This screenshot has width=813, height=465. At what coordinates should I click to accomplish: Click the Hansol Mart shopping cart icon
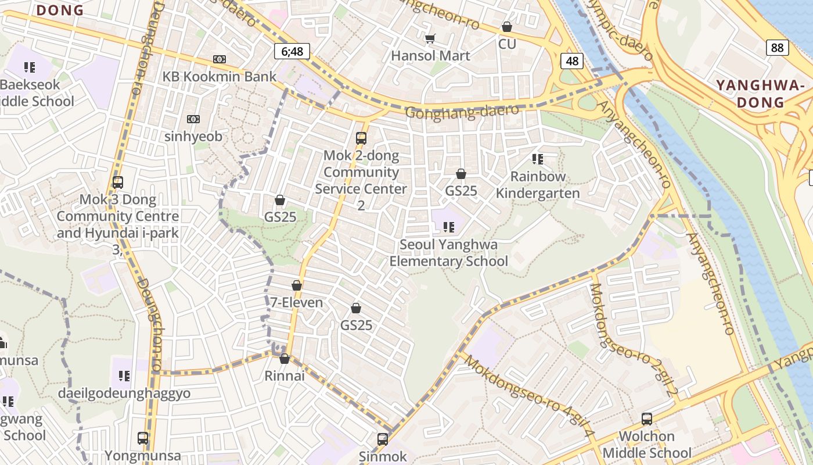point(430,39)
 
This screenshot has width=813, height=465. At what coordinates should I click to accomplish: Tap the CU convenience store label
point(507,44)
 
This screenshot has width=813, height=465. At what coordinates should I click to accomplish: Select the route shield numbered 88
point(777,48)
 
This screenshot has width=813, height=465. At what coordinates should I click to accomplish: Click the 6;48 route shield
point(292,51)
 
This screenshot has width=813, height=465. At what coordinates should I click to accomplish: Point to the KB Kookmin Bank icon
point(220,59)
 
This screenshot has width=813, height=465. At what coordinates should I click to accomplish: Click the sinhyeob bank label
point(193,137)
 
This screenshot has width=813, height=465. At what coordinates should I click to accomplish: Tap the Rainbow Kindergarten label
point(538,185)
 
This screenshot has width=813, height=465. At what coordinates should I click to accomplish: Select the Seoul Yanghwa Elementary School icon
point(448,227)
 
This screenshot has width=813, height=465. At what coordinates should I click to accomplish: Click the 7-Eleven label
point(297,302)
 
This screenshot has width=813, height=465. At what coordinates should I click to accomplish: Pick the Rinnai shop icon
point(285,359)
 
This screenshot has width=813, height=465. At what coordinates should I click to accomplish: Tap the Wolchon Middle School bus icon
point(646,419)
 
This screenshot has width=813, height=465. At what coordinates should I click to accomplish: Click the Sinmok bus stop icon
point(383,439)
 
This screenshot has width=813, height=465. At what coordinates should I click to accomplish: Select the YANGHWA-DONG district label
point(760,94)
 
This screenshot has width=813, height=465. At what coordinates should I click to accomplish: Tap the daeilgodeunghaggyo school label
point(124,394)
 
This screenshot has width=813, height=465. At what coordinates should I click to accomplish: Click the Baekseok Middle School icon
point(30,67)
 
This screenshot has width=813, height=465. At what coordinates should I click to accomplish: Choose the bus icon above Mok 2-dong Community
point(361,138)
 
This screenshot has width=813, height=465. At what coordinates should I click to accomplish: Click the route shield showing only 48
point(572,61)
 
